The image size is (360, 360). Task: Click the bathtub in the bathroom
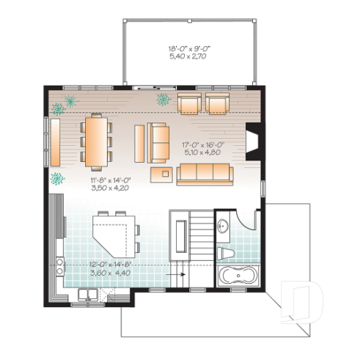coord(238,277)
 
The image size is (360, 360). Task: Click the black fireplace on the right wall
coord(251,142)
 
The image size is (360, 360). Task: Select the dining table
coord(95,141)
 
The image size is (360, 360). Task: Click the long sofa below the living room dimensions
coord(205,174)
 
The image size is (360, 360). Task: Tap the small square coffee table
coord(161,174)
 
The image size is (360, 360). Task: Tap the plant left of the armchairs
coord(162,99)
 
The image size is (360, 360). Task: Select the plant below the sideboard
coord(55,177)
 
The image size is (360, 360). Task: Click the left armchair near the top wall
coord(189,104)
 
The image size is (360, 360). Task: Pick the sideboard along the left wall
coord(54,142)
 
